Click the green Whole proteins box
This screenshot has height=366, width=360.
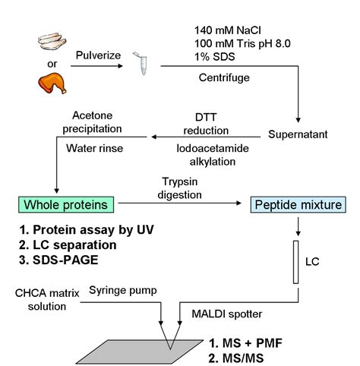[x=67, y=204]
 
